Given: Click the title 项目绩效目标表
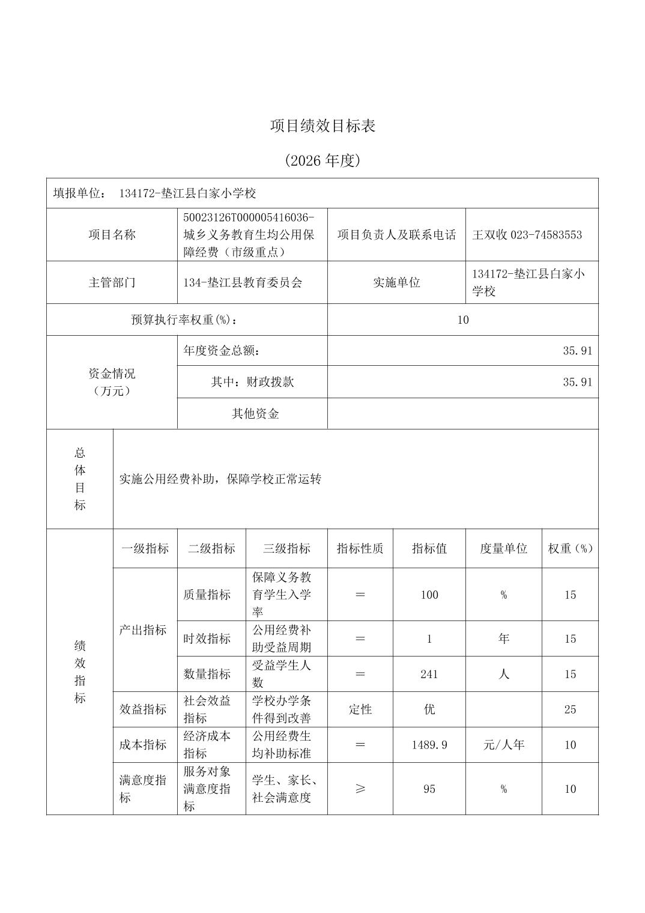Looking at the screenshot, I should point(322,126).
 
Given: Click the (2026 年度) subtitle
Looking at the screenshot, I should point(322,161).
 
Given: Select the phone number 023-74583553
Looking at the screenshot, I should point(546,235).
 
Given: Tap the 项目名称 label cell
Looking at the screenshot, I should point(112,235).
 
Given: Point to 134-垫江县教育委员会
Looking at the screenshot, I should point(243,282).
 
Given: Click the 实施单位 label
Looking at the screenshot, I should point(396,282).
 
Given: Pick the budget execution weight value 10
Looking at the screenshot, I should point(462,320).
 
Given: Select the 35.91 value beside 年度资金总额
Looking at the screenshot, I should point(577,351).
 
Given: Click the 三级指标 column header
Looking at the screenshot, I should point(286,548).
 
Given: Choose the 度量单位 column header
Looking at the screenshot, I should point(503,548).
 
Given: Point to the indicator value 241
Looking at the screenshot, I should point(429,674).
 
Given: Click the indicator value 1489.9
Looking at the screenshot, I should point(429,745).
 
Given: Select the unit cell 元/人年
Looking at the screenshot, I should point(503,745).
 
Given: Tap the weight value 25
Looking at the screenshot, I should point(570,709).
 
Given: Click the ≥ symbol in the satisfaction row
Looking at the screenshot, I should point(360,789).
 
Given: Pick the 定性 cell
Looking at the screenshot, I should point(360,709).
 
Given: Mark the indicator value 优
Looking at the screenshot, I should point(429,709).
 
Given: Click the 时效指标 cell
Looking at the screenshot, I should point(207,638).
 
